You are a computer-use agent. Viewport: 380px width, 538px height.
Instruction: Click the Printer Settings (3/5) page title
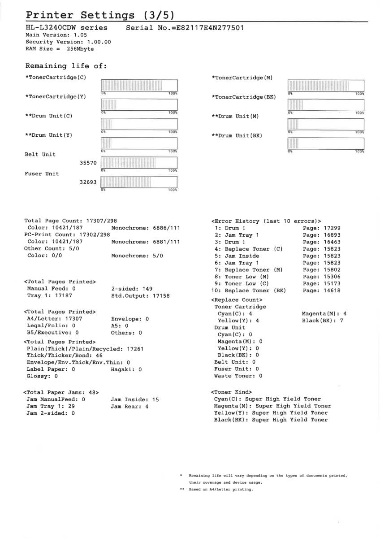(99, 15)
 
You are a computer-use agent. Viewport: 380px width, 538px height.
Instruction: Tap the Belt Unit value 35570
(88, 163)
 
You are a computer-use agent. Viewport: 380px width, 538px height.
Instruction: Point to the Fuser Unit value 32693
(88, 182)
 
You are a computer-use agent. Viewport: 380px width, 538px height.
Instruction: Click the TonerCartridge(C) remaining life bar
(139, 86)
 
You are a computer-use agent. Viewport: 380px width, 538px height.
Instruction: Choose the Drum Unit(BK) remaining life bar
(325, 143)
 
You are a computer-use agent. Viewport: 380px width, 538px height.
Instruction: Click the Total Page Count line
(70, 221)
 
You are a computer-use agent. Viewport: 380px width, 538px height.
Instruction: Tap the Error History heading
(266, 221)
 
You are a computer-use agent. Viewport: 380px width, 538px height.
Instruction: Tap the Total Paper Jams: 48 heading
(61, 392)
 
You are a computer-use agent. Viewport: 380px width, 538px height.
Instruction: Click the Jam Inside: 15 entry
(134, 399)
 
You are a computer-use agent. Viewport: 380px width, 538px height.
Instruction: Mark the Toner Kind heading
(231, 392)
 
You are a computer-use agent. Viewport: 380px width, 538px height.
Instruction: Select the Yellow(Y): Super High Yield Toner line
(271, 413)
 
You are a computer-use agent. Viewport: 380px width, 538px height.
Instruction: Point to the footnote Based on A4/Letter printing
(220, 490)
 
